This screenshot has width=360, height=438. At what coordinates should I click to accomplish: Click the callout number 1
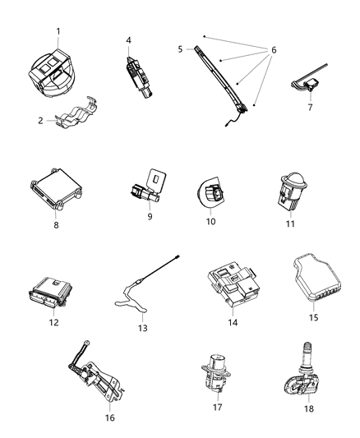[x=58, y=32]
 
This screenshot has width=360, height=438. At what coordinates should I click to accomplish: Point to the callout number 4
[x=129, y=40]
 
